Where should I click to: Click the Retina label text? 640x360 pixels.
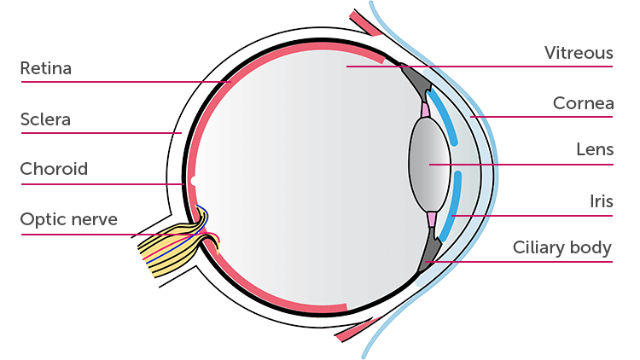coord(46,68)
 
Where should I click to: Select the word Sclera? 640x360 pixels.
coord(45,119)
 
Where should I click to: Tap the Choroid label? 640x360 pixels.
coord(54,169)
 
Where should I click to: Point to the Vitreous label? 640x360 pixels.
coord(579,53)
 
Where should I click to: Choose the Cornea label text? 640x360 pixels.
coord(584,103)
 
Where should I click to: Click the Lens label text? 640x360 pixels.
coord(595,149)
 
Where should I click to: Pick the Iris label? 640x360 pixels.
coord(602,200)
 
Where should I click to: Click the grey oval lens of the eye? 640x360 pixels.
coord(429,165)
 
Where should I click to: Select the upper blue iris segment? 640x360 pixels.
coord(443,117)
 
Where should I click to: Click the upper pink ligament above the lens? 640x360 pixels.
coord(425,110)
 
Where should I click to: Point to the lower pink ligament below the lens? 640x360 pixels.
coord(432,219)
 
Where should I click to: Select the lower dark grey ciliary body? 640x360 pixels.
coord(428,250)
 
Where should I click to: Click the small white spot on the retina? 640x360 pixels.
coord(194,180)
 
